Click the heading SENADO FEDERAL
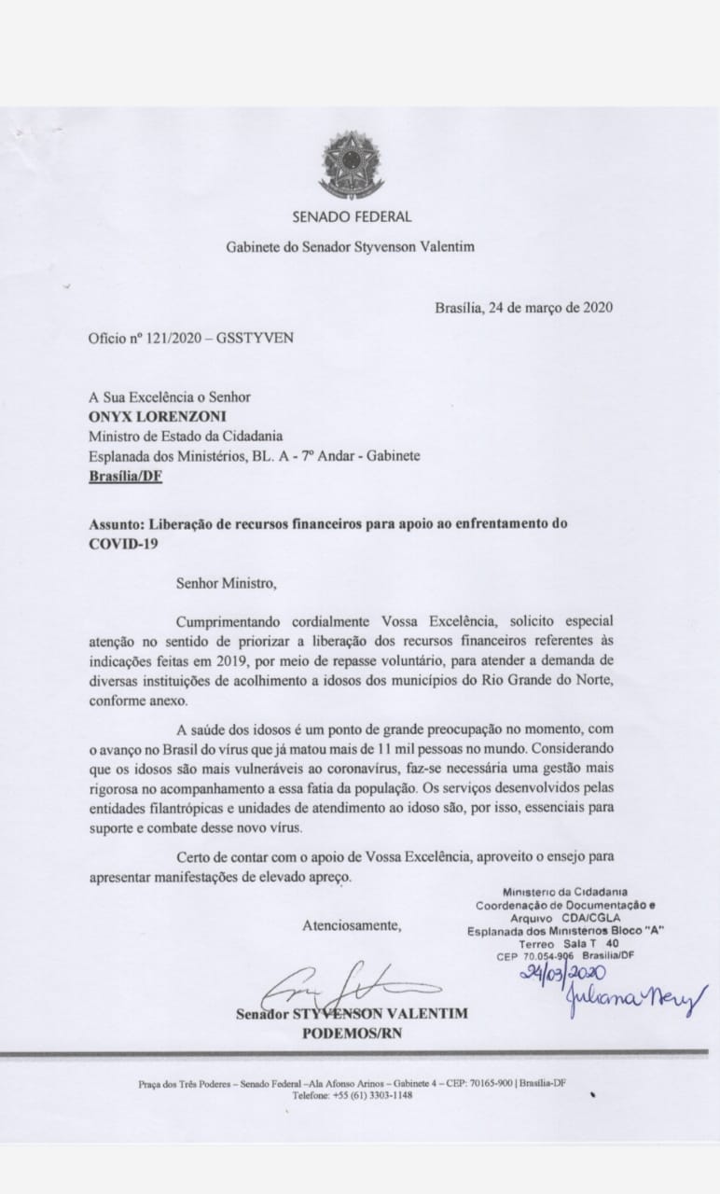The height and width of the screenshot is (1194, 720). (352, 216)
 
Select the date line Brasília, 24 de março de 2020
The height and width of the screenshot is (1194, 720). (523, 308)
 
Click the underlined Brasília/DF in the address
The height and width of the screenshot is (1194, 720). (125, 476)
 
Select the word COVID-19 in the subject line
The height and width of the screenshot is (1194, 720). (120, 542)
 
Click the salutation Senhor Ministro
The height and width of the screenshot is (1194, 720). (227, 584)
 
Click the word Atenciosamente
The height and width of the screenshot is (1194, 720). (352, 925)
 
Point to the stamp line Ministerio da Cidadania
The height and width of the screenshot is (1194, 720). (564, 893)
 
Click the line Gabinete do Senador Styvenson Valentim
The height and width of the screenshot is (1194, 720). (351, 247)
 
